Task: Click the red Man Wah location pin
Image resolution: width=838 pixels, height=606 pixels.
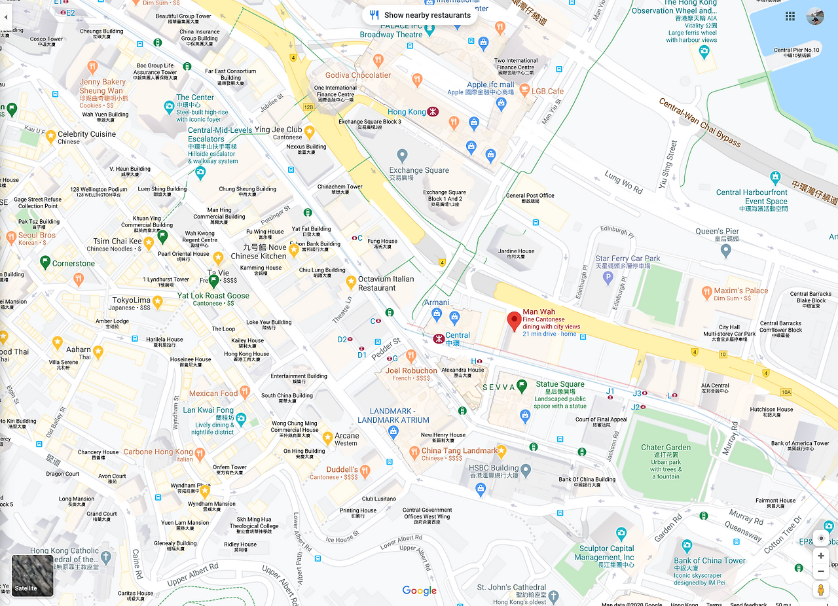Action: pos(514,321)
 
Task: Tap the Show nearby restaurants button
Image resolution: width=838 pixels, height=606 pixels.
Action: pos(419,15)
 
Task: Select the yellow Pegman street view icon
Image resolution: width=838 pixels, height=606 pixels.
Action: pos(820,590)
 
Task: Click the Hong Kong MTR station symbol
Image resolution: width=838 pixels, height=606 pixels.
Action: pos(432,112)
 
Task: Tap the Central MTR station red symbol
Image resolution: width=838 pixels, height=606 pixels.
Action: pos(438,339)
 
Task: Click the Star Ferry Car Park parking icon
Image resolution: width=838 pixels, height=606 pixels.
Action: pos(608,278)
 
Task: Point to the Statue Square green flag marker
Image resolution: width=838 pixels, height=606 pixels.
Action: pos(522,385)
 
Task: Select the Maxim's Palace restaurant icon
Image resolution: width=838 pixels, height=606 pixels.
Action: pos(706,291)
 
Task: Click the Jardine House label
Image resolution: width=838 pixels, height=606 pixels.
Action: pos(516,251)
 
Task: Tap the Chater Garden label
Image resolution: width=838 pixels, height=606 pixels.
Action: pos(665,448)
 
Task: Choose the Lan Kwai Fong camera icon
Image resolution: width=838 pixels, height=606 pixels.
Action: pos(241,418)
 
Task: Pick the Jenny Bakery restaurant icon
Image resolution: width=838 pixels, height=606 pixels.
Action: pos(92,67)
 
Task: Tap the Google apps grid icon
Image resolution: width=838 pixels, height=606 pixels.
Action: pos(790,16)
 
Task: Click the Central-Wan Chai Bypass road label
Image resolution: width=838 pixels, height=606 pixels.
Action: pos(699,122)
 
